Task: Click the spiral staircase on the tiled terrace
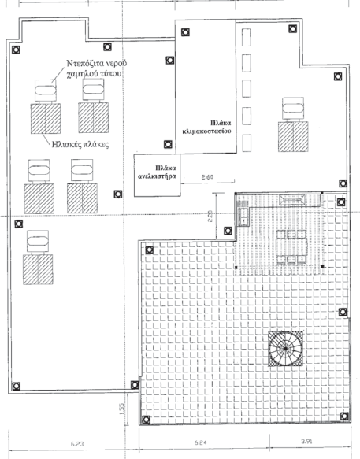285,349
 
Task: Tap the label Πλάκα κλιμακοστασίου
207,127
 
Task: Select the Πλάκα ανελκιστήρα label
157,172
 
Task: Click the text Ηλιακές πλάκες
80,144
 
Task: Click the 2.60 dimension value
207,177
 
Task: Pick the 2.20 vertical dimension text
210,216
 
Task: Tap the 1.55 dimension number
122,409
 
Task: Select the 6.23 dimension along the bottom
77,444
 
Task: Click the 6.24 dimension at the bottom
201,442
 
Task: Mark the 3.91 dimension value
306,441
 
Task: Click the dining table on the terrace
291,246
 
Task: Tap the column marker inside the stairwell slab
185,32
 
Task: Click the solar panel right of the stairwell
293,137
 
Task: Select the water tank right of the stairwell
293,109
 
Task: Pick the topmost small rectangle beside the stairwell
247,37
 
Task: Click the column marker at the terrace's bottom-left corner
146,420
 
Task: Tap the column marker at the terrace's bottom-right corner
344,416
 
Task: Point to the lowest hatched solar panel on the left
38,269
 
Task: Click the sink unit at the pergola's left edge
243,217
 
